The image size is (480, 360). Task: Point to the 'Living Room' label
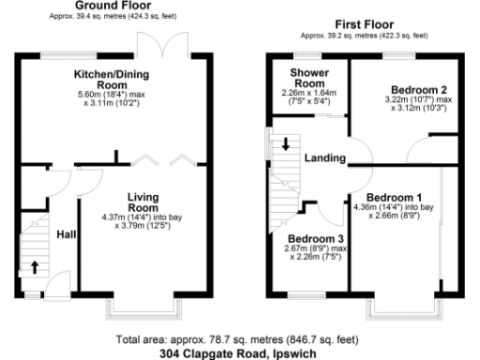[x=146, y=202]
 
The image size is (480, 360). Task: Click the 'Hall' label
[x=67, y=234]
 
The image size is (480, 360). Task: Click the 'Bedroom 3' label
[x=314, y=239]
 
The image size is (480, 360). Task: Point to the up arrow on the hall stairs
[x=35, y=266]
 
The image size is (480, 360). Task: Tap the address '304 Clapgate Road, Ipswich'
[x=239, y=353]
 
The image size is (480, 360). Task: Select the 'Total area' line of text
[x=239, y=339]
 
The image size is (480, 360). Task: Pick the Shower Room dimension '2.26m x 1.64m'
[x=307, y=93]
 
